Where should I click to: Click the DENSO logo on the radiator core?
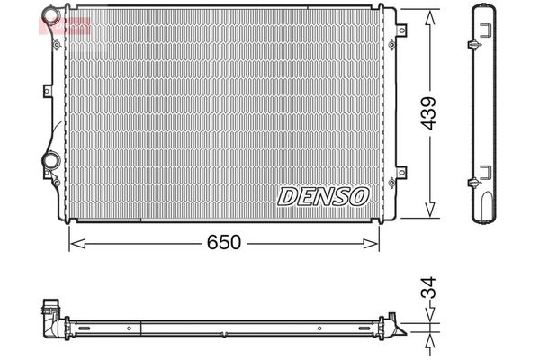(x=323, y=195)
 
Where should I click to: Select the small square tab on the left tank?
(x=46, y=89)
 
